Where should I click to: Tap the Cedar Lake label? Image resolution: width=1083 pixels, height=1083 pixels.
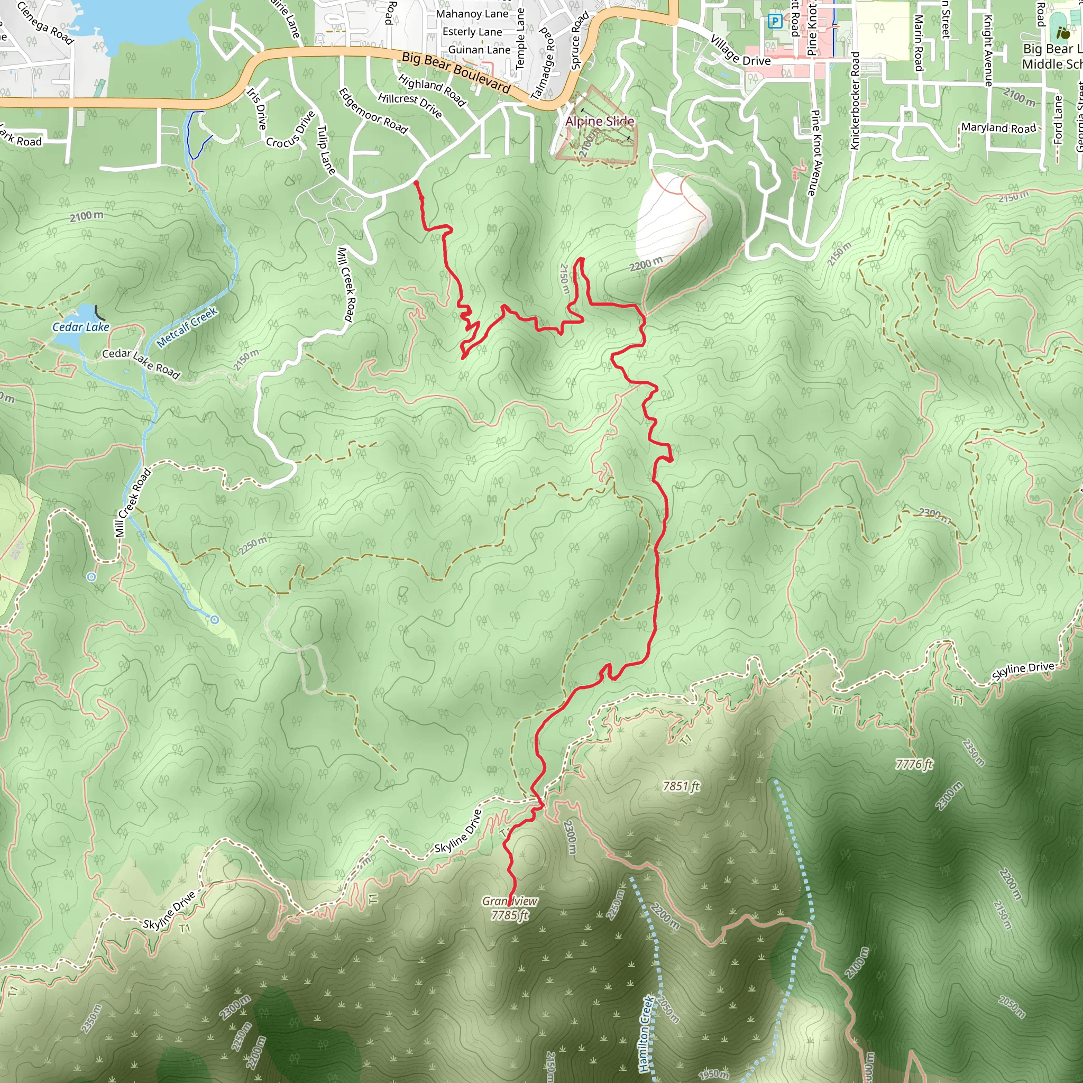coord(81,327)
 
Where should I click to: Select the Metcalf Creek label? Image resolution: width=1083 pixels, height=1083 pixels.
coord(187,327)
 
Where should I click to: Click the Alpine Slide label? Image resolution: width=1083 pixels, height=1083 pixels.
coord(599,121)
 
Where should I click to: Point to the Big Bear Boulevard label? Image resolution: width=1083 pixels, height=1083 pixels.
coord(456,72)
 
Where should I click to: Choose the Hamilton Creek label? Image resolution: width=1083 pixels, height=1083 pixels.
coord(646,1033)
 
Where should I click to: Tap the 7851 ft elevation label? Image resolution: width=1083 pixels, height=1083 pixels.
coord(681,786)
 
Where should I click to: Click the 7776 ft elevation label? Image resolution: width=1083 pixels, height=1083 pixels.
coord(914,764)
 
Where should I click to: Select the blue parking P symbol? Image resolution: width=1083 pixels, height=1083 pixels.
coord(774,22)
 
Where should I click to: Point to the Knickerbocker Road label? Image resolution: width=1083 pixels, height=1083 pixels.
coord(855,101)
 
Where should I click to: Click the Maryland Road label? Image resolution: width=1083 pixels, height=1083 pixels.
coord(998,128)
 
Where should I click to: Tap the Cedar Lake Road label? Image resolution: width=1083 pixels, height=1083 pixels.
coord(141,363)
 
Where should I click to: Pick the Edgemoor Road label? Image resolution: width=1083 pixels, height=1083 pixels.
coord(373,111)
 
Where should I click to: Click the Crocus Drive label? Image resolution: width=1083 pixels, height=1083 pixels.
coord(291,130)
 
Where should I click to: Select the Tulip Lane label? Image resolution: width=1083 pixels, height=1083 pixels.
coord(326,150)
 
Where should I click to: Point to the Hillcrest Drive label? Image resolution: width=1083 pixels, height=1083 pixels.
coord(410,105)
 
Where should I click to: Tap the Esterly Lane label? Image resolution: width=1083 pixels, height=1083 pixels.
coord(472,32)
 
